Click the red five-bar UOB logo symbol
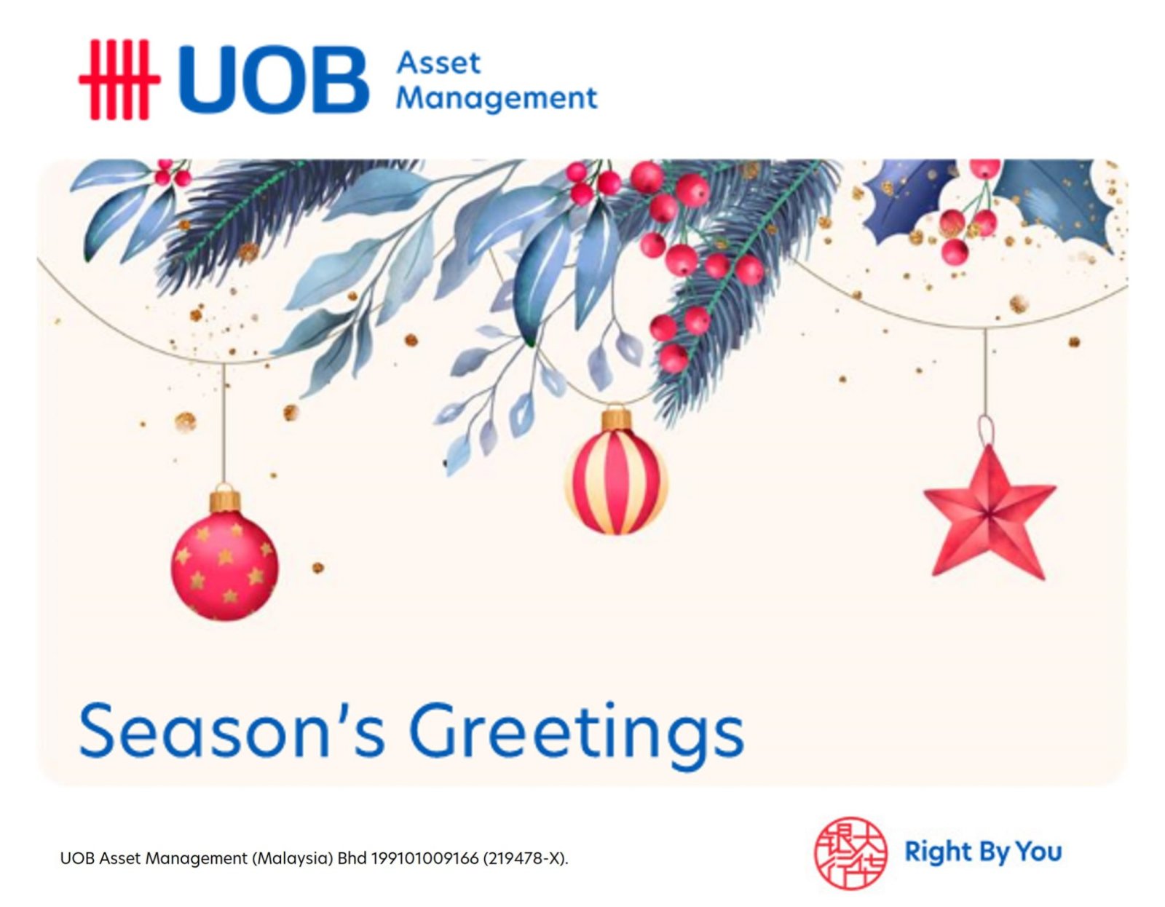click(119, 79)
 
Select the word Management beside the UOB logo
click(497, 98)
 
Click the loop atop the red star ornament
click(985, 430)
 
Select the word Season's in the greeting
click(232, 732)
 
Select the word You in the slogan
click(1039, 851)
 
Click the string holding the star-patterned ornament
click(224, 425)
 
